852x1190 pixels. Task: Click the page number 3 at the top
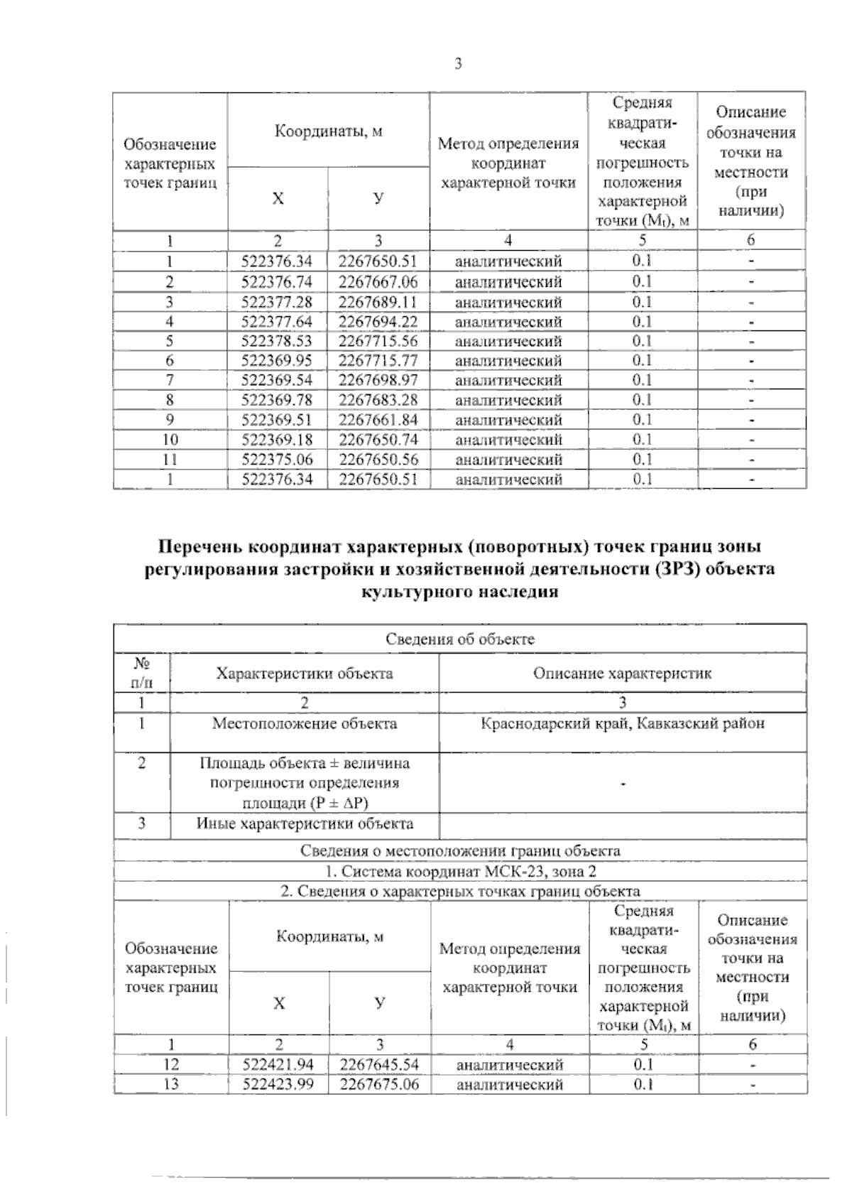458,65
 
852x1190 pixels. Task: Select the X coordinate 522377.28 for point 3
277,302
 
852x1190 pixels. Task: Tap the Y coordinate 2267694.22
378,322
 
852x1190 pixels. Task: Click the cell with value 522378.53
277,342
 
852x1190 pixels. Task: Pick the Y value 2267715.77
378,361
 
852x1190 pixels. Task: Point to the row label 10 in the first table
170,440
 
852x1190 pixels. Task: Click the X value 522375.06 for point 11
277,460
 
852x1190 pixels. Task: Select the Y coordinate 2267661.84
378,420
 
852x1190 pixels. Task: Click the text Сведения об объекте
460,639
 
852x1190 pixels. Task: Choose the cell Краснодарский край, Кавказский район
623,724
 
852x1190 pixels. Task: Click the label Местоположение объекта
305,724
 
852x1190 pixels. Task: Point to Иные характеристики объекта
305,824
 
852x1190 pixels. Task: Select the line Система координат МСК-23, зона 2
460,871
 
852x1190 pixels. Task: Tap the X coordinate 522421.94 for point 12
278,1065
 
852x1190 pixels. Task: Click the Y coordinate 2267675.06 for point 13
379,1085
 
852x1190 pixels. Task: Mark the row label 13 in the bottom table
171,1085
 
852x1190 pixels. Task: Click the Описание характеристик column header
623,674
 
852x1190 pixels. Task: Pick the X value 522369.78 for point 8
277,400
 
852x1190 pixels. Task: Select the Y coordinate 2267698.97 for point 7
378,381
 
